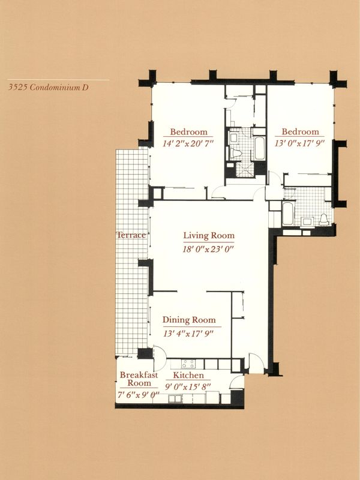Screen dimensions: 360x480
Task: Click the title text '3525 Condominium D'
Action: click(49, 87)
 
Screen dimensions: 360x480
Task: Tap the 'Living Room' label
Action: click(209, 235)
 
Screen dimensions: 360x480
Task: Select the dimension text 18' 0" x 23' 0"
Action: click(208, 249)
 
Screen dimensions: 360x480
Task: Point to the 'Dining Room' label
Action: click(189, 320)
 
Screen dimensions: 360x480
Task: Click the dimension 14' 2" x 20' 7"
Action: click(188, 143)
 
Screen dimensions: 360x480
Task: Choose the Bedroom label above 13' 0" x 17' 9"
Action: click(301, 131)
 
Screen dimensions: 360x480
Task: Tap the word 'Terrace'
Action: click(131, 235)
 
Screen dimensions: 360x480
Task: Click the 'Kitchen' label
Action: click(188, 375)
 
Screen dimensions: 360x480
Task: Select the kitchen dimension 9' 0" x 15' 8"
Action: click(188, 386)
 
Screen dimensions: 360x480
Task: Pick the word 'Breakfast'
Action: click(139, 374)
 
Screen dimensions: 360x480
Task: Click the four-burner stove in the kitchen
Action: click(188, 364)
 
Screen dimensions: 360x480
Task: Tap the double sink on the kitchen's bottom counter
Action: click(175, 398)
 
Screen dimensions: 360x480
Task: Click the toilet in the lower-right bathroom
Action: click(324, 219)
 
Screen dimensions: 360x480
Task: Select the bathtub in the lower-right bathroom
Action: click(288, 213)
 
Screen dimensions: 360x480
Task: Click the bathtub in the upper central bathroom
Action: click(260, 148)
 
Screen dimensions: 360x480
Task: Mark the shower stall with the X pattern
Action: click(245, 169)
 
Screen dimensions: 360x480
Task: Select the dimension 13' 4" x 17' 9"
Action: click(188, 334)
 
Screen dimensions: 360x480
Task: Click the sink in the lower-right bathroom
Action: click(307, 221)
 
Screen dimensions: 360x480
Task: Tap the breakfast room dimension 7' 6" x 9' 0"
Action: click(139, 395)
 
